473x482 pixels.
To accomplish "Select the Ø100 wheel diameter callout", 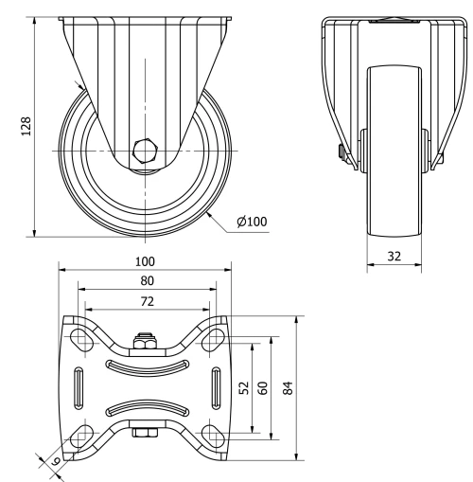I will pyautogui.click(x=252, y=222).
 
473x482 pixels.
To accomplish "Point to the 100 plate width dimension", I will pyautogui.click(x=145, y=260).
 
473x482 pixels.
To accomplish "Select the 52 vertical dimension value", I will pyautogui.click(x=245, y=388).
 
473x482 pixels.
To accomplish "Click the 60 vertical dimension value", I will pyautogui.click(x=264, y=388).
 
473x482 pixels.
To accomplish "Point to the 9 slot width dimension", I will pyautogui.click(x=55, y=460).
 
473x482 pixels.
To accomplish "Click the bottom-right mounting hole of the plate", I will pyautogui.click(x=210, y=437).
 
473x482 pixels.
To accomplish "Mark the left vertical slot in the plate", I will pyautogui.click(x=78, y=387).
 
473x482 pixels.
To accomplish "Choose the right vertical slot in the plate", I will pyautogui.click(x=216, y=387).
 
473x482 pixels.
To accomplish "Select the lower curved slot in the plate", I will pyautogui.click(x=146, y=408).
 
